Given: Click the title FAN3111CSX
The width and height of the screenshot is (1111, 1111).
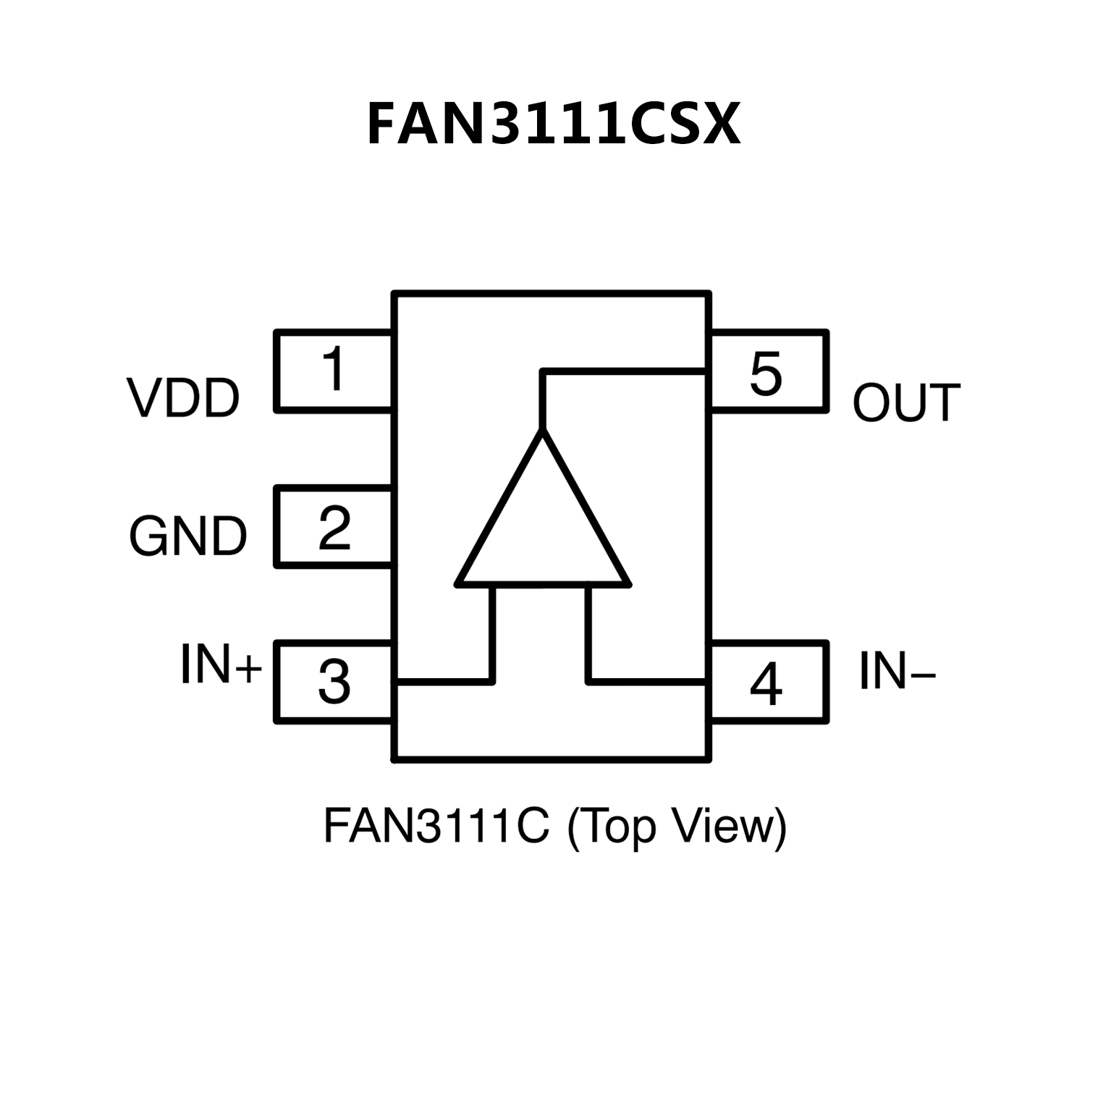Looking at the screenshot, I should click(554, 124).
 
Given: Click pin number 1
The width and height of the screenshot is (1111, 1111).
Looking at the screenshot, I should click(334, 369).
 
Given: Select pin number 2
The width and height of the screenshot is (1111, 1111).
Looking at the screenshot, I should click(334, 528).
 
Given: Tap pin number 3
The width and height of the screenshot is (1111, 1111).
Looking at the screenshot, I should click(334, 682).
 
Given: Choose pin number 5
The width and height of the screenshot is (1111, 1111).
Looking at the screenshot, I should click(766, 374).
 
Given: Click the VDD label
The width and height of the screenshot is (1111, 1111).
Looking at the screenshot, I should click(183, 399).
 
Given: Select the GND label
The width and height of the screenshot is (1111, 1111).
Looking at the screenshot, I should click(188, 537).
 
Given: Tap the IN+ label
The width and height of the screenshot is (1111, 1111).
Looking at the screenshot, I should click(220, 664).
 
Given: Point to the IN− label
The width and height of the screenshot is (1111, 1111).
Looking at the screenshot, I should click(897, 672).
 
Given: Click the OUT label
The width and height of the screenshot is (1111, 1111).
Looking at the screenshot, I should click(906, 403).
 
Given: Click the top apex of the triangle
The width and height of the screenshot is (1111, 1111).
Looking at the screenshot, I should click(543, 431).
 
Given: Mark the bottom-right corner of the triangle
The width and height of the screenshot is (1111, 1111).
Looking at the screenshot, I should click(628, 582).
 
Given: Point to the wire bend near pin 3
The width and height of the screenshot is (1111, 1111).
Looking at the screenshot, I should click(493, 680).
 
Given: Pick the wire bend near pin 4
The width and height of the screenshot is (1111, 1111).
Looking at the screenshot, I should click(588, 680).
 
